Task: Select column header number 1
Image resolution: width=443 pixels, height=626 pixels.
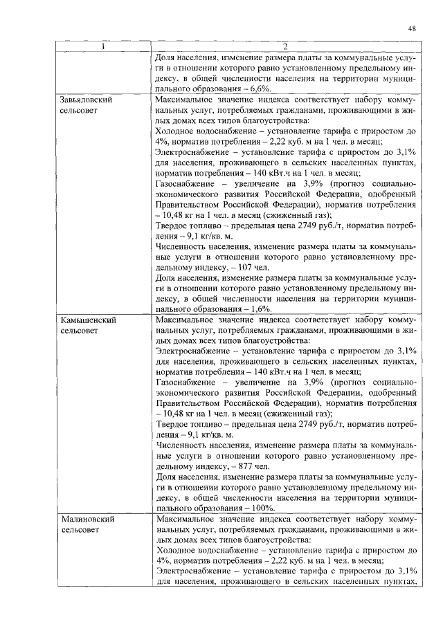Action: tap(103, 46)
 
